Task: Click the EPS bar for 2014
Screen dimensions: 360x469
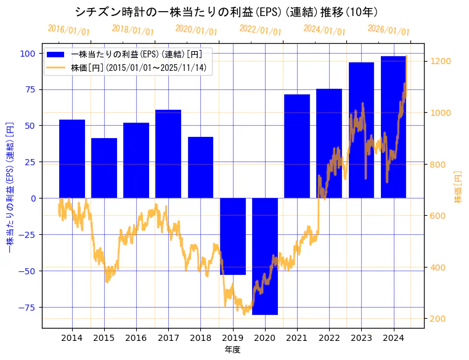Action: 72,159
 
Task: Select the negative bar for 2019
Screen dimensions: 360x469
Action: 233,236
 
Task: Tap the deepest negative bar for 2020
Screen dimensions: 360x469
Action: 265,256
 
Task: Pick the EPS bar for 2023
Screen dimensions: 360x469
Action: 361,130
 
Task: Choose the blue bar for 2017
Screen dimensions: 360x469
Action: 168,154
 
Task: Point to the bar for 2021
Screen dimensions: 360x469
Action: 297,146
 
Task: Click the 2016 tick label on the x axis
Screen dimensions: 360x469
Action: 136,338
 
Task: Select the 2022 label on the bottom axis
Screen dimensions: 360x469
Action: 329,338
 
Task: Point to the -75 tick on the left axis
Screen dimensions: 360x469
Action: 27,307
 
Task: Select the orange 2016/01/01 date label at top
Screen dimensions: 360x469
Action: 68,30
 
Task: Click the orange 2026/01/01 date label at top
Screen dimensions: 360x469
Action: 388,30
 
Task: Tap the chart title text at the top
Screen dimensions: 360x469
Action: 226,12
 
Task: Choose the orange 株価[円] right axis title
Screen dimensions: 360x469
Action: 458,187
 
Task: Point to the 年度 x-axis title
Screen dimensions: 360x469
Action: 232,350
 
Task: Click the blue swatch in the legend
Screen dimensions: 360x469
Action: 59,54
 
